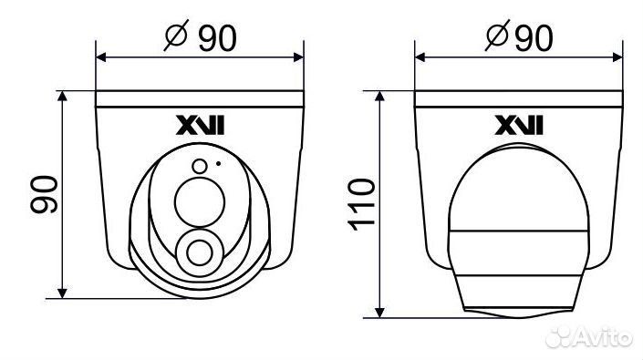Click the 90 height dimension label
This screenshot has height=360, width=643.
click(44, 194)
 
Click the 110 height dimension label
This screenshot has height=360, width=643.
click(361, 204)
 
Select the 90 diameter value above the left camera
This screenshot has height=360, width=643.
click(217, 37)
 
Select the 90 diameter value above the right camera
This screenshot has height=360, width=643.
click(534, 37)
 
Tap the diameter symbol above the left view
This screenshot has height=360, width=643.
click(176, 36)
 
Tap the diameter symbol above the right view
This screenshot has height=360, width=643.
click(497, 36)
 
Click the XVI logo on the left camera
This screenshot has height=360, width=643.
click(200, 125)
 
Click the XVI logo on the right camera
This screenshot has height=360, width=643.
click(519, 125)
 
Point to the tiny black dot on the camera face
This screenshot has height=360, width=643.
click(219, 163)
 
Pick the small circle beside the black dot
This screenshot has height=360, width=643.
click(200, 166)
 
